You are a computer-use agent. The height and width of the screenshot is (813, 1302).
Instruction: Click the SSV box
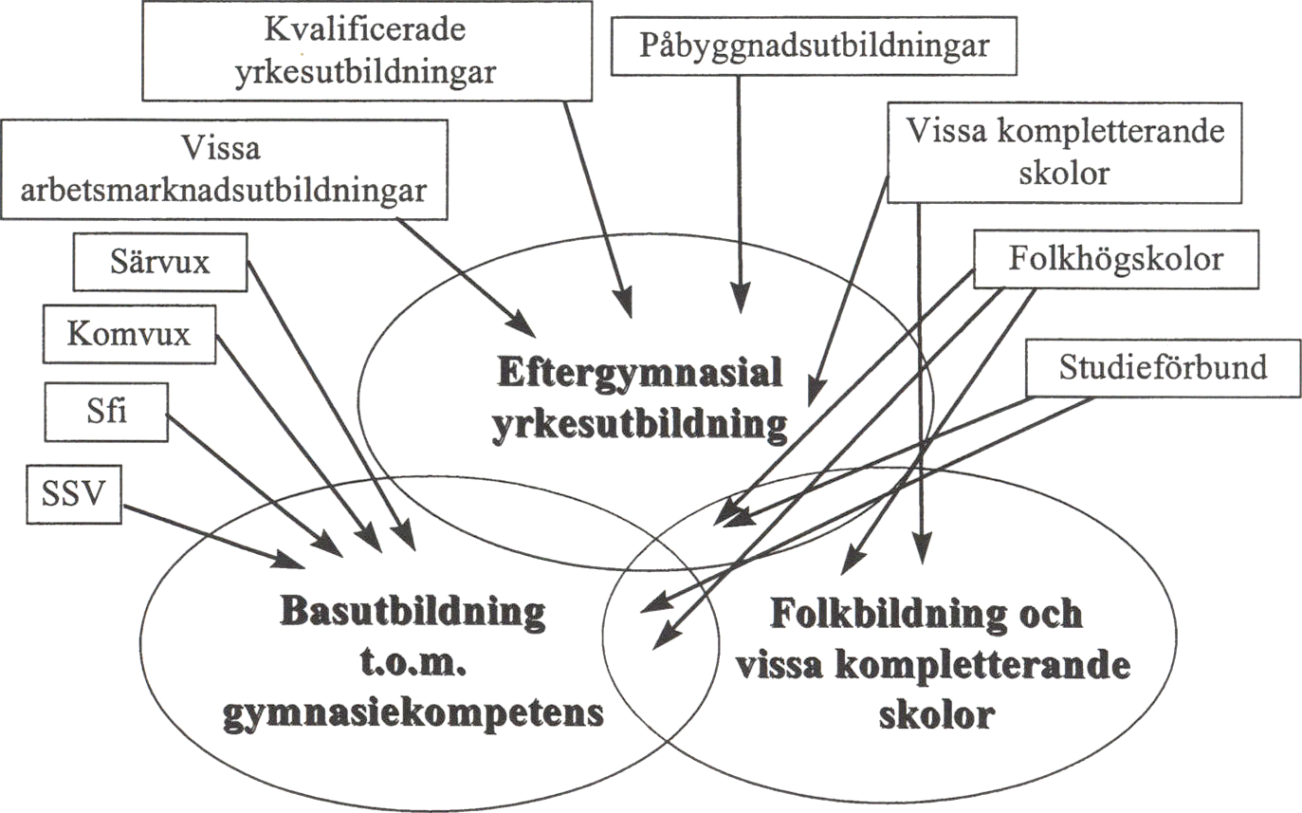74,494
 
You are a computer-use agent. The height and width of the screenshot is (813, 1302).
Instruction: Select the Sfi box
106,412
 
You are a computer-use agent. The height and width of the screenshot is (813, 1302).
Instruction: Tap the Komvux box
129,334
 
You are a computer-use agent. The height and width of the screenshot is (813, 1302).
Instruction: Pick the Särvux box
160,262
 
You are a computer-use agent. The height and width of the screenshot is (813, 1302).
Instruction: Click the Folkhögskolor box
1116,259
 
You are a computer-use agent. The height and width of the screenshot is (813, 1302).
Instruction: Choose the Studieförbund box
1164,368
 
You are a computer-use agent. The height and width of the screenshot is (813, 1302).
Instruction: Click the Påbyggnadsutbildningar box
814,46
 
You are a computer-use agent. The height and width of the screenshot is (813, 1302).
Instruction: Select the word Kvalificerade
365,29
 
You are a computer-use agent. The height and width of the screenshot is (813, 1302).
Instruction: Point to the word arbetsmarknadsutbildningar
224,191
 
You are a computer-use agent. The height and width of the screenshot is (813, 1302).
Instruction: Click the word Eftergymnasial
640,373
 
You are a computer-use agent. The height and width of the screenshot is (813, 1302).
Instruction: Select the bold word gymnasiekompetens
413,713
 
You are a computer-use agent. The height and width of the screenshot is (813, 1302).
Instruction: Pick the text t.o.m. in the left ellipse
413,663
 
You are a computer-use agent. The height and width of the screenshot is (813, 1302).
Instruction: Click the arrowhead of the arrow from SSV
290,561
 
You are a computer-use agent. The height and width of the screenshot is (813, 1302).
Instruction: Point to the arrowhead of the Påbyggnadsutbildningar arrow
740,298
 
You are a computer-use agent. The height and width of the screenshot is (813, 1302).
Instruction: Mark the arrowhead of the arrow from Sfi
327,545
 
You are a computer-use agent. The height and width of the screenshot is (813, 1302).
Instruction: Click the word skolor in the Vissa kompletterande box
1064,174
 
